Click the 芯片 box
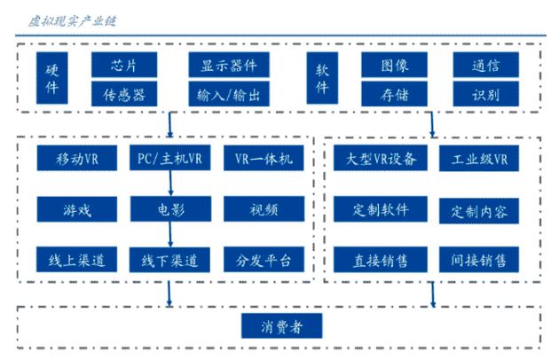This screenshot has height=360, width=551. (124, 65)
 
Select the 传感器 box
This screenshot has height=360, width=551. (124, 94)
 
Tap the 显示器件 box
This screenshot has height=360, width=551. (229, 65)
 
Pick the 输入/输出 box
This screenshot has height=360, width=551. (229, 94)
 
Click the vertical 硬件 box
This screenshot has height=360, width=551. (52, 78)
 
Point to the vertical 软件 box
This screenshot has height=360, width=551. (322, 78)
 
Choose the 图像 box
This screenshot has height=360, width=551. (394, 65)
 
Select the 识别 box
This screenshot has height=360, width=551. (485, 94)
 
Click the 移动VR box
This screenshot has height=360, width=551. (77, 158)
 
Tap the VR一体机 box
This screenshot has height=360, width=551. (264, 158)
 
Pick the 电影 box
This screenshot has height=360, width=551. (170, 209)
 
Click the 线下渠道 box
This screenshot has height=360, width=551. (169, 260)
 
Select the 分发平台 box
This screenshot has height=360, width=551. (264, 260)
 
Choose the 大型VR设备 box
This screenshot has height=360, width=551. (381, 158)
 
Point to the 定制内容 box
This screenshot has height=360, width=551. (479, 211)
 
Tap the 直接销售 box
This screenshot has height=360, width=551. (381, 260)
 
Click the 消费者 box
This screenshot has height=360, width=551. (281, 326)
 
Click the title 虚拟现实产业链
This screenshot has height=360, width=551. (72, 21)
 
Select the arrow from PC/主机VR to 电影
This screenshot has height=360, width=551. (170, 183)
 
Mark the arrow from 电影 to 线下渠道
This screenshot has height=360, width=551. (170, 234)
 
